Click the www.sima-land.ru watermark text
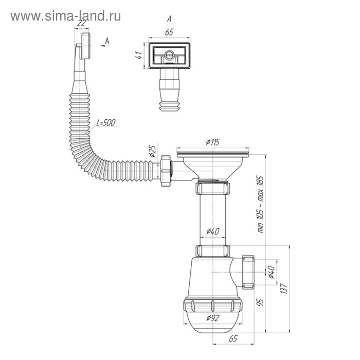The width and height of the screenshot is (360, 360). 66,16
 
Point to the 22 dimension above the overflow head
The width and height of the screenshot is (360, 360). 81,23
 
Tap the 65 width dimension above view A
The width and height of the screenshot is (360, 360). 168,31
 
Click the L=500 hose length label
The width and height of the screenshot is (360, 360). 106,122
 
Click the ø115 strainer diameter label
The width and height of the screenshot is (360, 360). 213,142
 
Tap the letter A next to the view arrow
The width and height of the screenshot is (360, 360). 106,40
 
